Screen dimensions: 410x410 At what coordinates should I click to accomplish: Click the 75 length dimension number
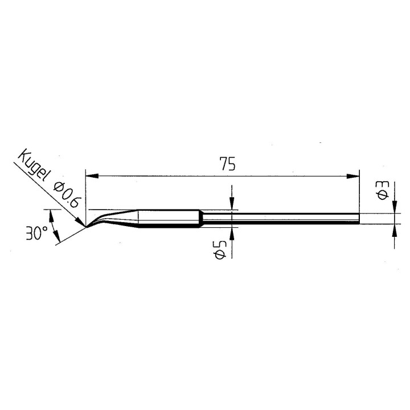point(227,165)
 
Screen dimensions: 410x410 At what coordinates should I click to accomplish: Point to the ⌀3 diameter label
point(383,189)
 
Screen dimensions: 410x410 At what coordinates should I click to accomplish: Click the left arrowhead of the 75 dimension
point(91,177)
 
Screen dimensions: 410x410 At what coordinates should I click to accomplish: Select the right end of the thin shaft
point(358,219)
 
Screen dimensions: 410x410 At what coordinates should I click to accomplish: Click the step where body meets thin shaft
point(200,219)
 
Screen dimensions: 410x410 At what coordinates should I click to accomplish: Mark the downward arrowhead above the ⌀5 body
point(232,206)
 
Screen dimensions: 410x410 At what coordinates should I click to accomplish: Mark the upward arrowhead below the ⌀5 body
point(232,231)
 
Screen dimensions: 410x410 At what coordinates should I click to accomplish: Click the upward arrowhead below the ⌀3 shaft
point(395,229)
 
